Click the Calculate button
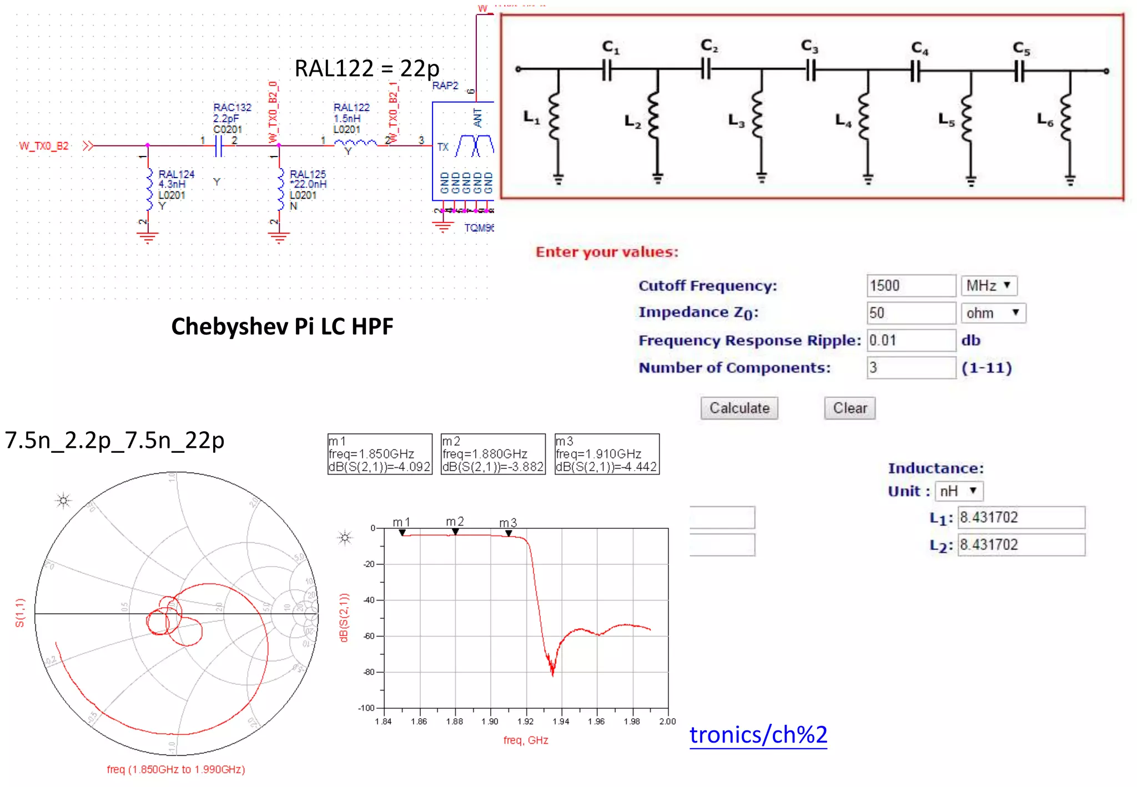(x=739, y=408)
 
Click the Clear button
(x=849, y=408)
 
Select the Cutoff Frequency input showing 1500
(x=910, y=286)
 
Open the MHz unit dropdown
(x=989, y=286)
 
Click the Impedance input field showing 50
(x=910, y=313)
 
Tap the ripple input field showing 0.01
(x=910, y=340)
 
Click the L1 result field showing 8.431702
(x=1021, y=517)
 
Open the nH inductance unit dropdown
(x=959, y=491)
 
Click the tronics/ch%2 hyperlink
(x=758, y=735)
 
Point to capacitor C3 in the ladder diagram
(x=811, y=71)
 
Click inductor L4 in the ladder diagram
(x=863, y=118)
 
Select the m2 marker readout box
(x=493, y=454)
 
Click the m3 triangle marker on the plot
(x=509, y=533)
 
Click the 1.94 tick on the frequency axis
(x=561, y=722)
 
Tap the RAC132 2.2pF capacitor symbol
(x=219, y=146)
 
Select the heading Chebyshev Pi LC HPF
(x=282, y=326)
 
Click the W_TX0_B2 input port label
(x=44, y=146)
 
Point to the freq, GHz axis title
(x=526, y=740)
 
